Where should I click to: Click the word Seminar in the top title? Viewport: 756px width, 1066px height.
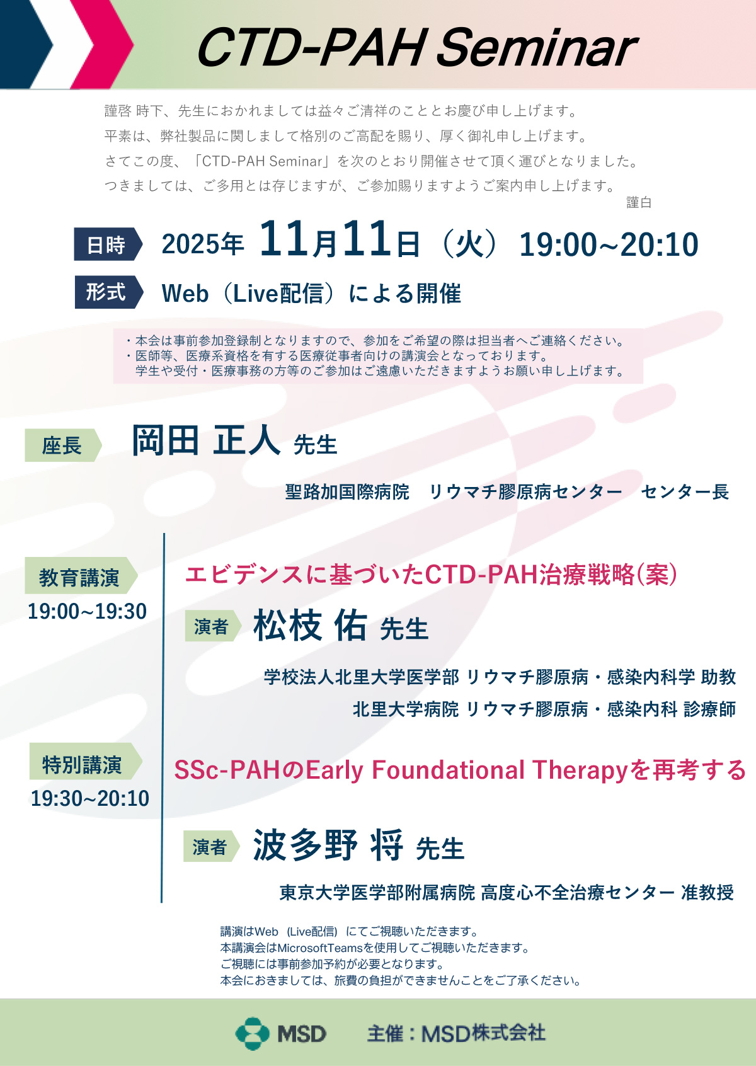click(536, 48)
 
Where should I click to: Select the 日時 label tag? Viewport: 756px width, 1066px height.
click(108, 244)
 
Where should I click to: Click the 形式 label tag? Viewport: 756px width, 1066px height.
click(108, 292)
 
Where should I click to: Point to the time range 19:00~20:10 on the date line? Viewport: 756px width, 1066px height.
click(609, 245)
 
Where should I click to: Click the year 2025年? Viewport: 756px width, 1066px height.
click(203, 244)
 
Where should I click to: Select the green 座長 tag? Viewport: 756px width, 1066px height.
click(63, 445)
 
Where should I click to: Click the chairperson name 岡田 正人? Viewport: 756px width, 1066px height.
click(205, 440)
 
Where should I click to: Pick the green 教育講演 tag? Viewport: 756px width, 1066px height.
click(81, 575)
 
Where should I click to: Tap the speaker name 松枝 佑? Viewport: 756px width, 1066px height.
click(310, 626)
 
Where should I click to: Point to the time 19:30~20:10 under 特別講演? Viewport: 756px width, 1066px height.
click(90, 798)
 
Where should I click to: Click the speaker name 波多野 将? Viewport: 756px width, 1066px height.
click(328, 845)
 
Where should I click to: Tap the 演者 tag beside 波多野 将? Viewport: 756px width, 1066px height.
click(211, 846)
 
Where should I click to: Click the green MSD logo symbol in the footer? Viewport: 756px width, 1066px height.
click(253, 1034)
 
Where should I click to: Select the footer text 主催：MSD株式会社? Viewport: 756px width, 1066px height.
click(456, 1034)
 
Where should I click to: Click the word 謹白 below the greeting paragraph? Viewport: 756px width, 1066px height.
click(638, 203)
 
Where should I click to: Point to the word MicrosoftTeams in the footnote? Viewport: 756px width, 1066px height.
click(319, 948)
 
